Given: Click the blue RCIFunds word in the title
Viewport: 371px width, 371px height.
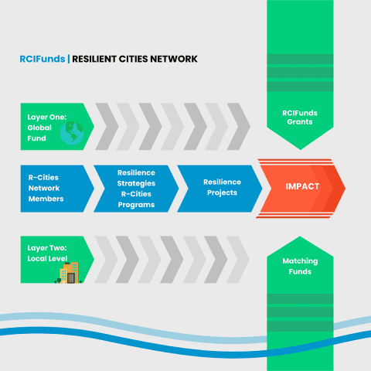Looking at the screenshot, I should (x=43, y=59).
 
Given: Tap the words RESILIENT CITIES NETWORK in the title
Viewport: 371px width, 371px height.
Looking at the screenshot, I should (x=134, y=59).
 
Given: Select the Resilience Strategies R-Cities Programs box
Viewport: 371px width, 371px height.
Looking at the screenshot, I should (x=136, y=188).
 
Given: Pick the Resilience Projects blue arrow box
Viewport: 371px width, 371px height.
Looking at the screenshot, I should (x=221, y=188).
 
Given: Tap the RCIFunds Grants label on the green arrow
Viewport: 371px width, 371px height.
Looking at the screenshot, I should (x=300, y=117).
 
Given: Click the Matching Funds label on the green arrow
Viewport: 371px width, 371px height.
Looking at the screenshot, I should (x=300, y=267).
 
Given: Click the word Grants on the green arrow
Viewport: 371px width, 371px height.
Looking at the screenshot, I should (x=300, y=123).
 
